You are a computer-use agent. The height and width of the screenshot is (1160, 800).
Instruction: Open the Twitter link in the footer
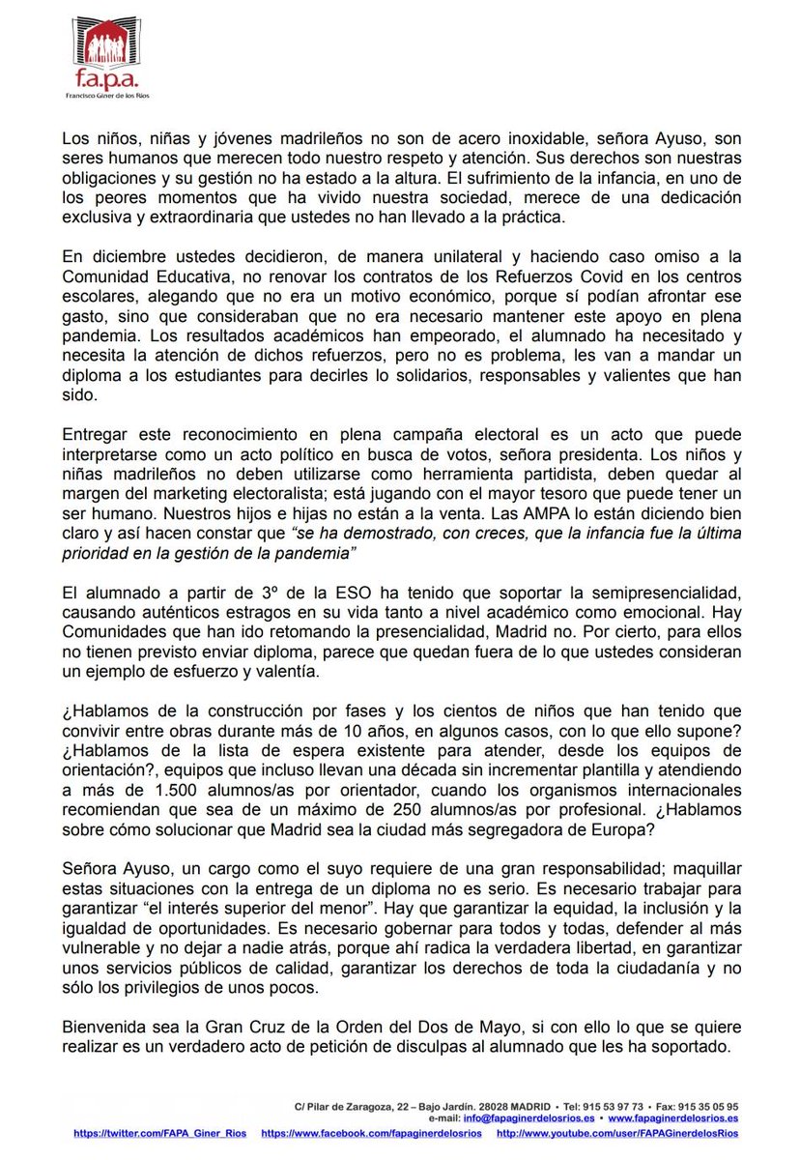coord(159,1131)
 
